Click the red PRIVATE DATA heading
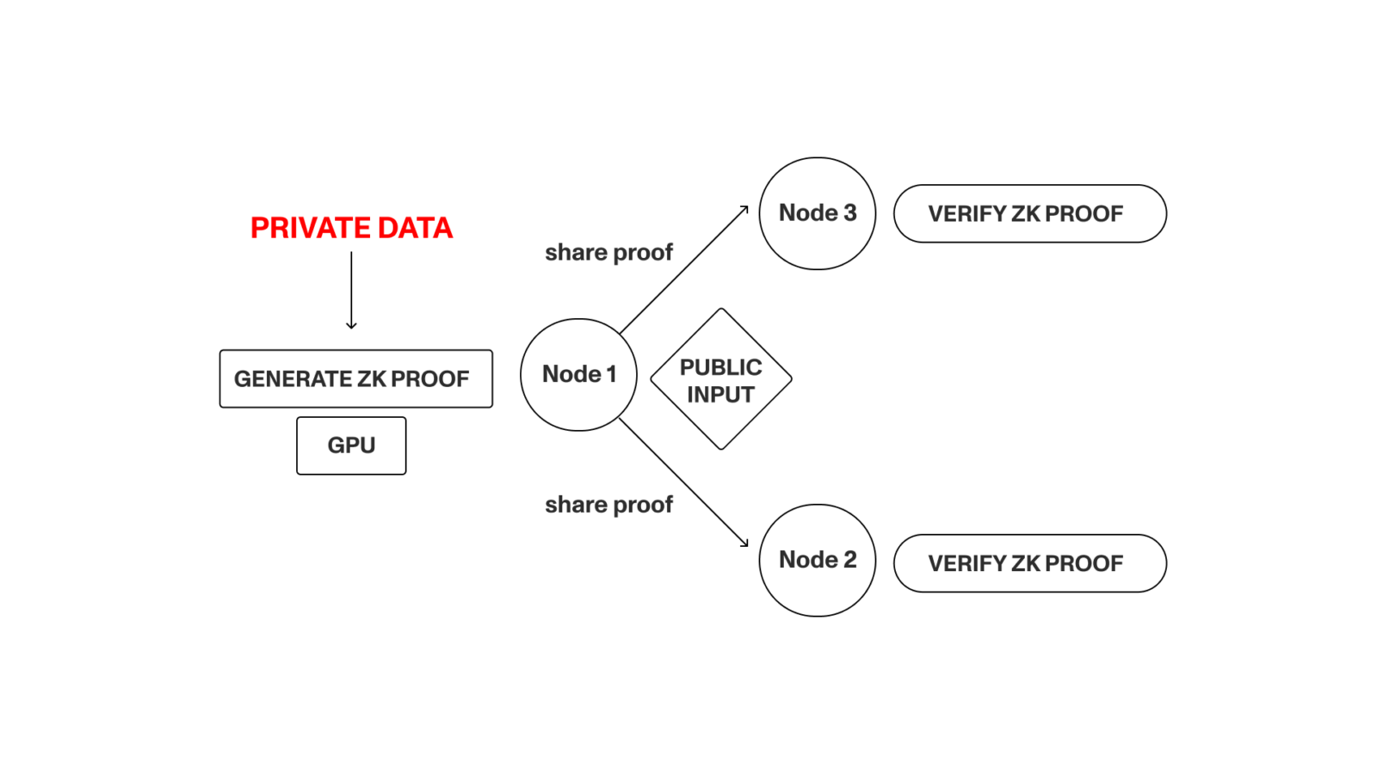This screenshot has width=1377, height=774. tap(351, 228)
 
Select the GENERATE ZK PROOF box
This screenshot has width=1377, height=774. tap(355, 378)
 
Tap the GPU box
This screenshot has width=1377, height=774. tap(351, 445)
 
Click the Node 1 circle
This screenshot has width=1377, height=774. tap(578, 375)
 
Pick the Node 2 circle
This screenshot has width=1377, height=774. tap(817, 560)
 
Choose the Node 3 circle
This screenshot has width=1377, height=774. tap(817, 213)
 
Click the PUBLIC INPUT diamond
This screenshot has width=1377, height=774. tap(720, 379)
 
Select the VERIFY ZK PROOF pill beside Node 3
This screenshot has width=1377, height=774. tap(1029, 213)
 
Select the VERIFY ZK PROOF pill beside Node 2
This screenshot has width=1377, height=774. tap(1029, 563)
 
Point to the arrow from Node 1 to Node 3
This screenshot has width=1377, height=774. tap(684, 269)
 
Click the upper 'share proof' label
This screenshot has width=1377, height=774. tap(608, 253)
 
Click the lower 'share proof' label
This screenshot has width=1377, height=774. tap(608, 505)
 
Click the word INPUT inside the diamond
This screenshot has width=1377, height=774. tap(720, 395)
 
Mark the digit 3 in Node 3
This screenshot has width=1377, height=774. tap(850, 213)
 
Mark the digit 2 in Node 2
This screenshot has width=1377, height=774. tap(850, 560)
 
